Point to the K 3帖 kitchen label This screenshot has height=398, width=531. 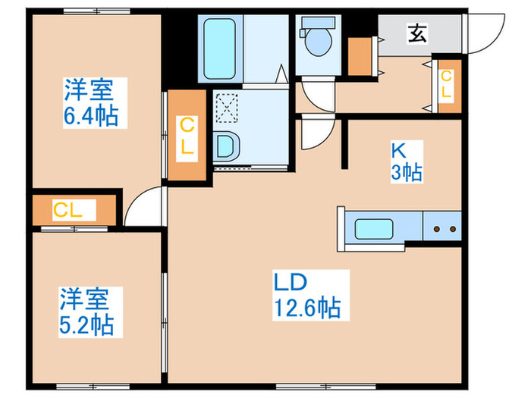(x=407, y=161)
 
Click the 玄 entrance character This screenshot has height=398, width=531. (x=418, y=33)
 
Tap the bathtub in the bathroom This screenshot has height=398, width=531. (x=220, y=49)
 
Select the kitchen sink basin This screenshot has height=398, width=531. (x=374, y=229)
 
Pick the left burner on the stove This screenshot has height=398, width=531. (x=437, y=229)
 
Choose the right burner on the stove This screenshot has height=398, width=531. (x=453, y=229)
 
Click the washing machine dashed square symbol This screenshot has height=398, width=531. (x=227, y=108)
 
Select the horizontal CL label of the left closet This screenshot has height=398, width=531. (x=68, y=210)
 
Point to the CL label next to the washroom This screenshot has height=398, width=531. (x=187, y=136)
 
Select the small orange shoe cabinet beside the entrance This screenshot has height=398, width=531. (x=360, y=57)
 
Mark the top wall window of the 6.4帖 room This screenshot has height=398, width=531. (x=97, y=11)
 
